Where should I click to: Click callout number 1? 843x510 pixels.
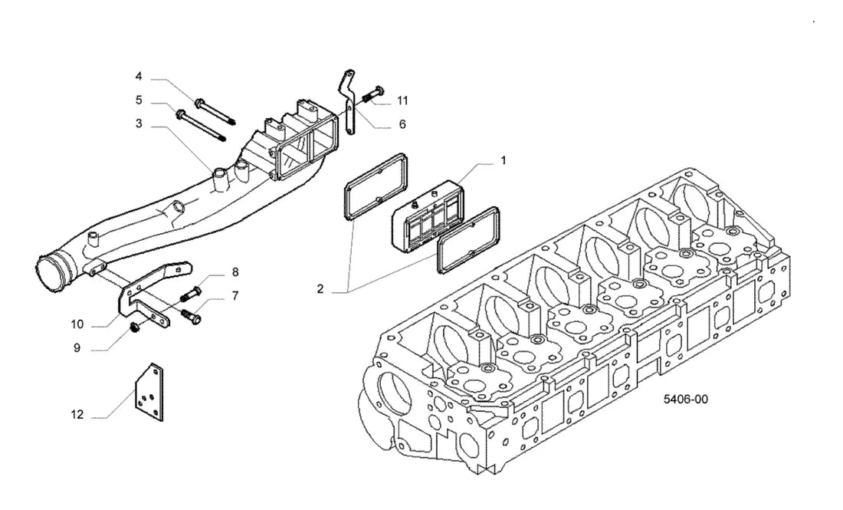pos(504,160)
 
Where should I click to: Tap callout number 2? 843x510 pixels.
pos(320,289)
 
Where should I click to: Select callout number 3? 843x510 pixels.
pos(139,123)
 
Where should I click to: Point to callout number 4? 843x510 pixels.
pos(139,77)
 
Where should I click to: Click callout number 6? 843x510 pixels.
pos(402,124)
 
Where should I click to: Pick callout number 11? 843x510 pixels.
pos(402,100)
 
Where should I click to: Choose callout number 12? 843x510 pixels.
pos(77,415)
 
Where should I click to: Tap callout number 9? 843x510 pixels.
pos(77,348)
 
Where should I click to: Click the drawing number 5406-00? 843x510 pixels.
pos(685,399)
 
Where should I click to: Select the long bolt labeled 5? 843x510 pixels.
pos(201,125)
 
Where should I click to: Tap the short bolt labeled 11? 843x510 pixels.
pos(372,94)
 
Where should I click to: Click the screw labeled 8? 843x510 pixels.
pos(192,293)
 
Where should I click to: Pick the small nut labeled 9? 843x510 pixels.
pos(135,326)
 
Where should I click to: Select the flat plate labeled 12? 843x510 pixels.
pos(149,392)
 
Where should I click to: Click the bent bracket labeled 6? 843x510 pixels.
pos(348,102)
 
